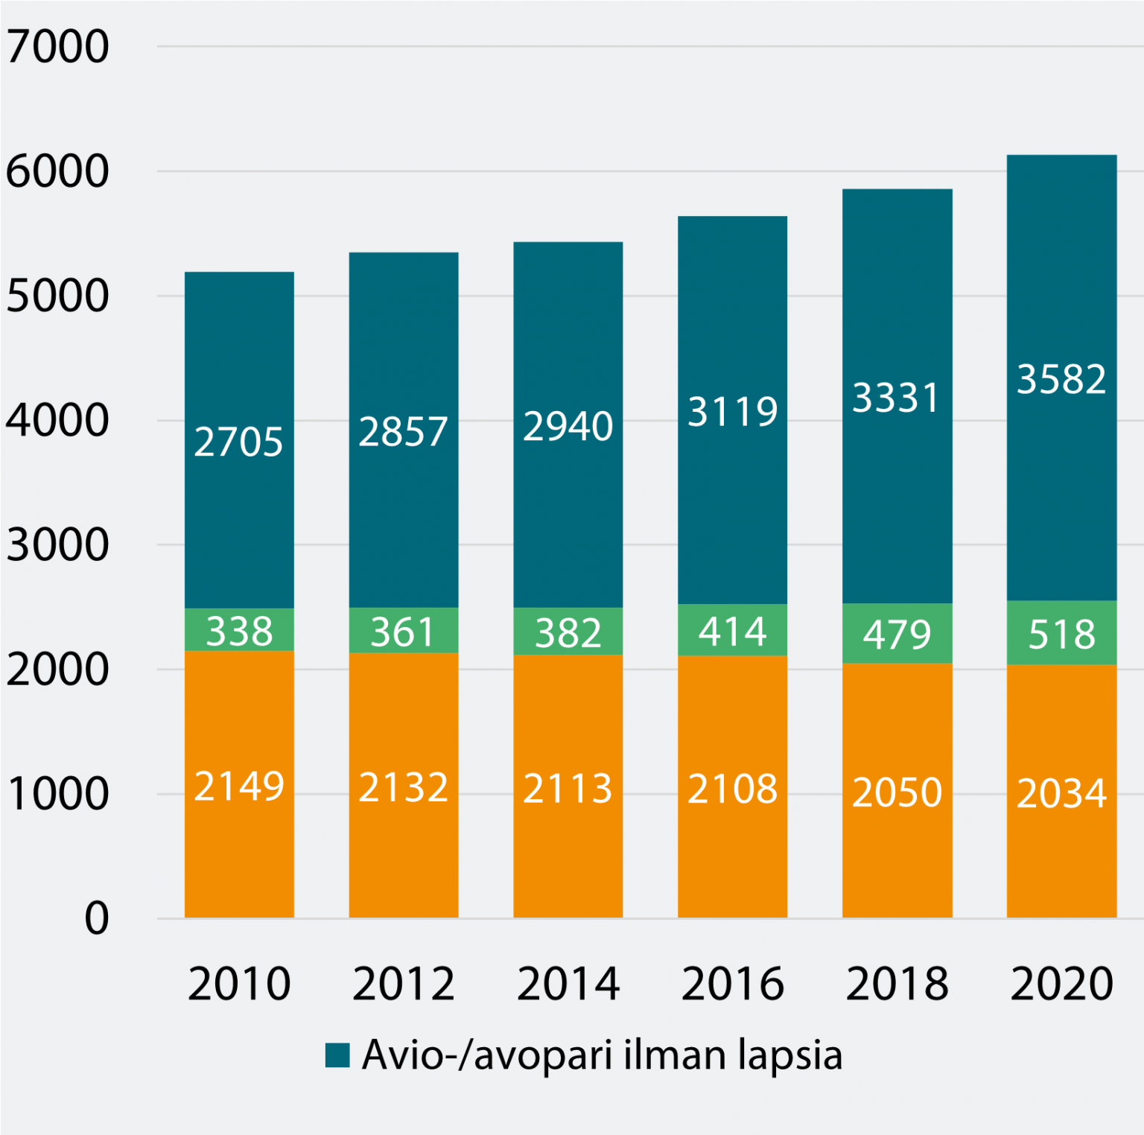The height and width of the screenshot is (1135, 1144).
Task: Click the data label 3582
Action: click(1061, 379)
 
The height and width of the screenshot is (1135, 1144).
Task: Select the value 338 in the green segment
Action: click(239, 631)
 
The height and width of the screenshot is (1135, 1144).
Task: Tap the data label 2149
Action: click(239, 786)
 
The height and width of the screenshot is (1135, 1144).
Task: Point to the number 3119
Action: click(732, 411)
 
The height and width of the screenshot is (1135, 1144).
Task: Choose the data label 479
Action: click(897, 635)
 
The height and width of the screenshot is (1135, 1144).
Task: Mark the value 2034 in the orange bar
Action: click(1061, 793)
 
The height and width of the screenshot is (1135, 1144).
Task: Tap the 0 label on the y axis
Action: click(96, 918)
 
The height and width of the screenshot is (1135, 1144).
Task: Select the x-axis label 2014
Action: click(568, 984)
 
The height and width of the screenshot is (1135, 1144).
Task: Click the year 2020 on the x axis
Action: click(1061, 984)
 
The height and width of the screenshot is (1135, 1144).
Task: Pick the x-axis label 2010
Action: click(239, 984)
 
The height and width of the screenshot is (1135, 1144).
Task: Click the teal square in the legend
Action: click(337, 1055)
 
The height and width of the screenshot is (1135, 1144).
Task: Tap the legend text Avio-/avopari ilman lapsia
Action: click(602, 1055)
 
